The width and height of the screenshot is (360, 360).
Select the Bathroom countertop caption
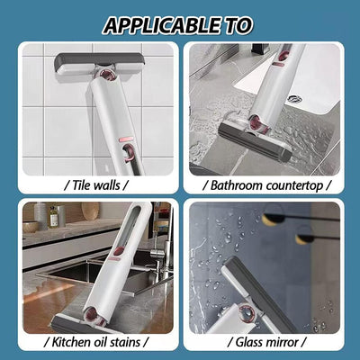coord(271,184)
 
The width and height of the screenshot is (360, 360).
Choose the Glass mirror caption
coord(271,343)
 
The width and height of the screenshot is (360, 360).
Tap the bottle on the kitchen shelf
coord(53,216)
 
